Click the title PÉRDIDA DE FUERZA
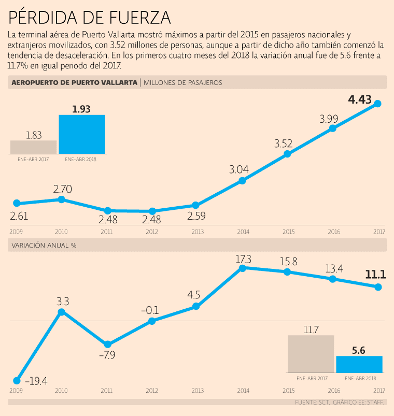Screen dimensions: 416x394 click(x=90, y=17)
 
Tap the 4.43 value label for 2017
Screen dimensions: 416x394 click(x=360, y=87)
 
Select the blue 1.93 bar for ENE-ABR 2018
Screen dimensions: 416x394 click(x=82, y=134)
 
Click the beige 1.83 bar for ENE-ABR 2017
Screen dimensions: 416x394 click(x=33, y=147)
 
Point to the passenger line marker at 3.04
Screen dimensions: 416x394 click(x=242, y=181)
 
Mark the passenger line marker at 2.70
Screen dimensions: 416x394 click(x=62, y=199)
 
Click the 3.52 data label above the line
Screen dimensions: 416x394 click(x=284, y=144)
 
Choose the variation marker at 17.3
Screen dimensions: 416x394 click(x=242, y=267)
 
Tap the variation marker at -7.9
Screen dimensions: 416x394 click(x=107, y=345)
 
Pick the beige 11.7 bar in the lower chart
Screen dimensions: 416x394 click(x=311, y=354)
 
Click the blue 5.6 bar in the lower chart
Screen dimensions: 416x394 click(x=359, y=364)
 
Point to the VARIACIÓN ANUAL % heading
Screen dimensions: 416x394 click(x=44, y=245)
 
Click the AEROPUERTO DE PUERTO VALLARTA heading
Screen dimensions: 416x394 click(x=74, y=82)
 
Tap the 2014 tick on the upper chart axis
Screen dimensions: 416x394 click(x=242, y=231)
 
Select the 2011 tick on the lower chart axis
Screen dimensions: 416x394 click(x=107, y=391)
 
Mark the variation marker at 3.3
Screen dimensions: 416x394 click(x=62, y=312)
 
